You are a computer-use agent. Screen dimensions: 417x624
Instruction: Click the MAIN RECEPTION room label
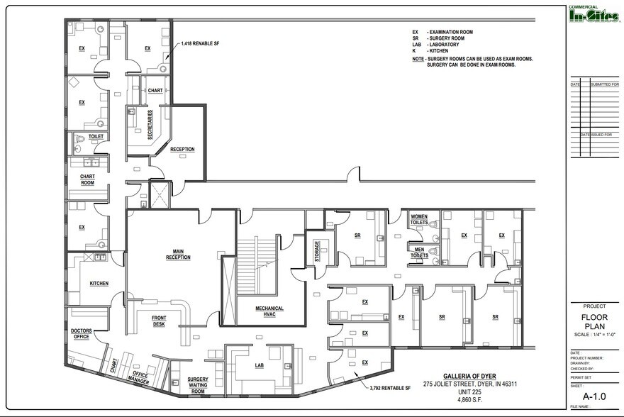[178, 254]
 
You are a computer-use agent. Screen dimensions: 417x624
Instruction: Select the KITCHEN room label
[99, 283]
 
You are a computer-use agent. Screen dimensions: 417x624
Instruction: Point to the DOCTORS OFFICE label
[83, 335]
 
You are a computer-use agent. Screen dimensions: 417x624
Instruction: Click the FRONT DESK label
[159, 321]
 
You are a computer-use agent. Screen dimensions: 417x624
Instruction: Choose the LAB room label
[260, 365]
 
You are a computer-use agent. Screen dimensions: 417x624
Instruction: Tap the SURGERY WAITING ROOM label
[198, 385]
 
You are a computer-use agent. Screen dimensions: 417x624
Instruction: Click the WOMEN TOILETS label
[418, 220]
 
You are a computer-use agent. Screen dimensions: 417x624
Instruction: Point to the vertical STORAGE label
[317, 252]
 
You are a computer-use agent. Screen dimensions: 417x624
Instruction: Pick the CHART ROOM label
[88, 179]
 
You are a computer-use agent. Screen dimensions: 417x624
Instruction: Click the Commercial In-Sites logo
[594, 13]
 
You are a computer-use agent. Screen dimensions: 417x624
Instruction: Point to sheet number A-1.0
[594, 396]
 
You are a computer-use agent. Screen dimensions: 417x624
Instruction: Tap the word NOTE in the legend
[418, 59]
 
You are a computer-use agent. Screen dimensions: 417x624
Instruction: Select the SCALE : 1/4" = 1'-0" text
[594, 334]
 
